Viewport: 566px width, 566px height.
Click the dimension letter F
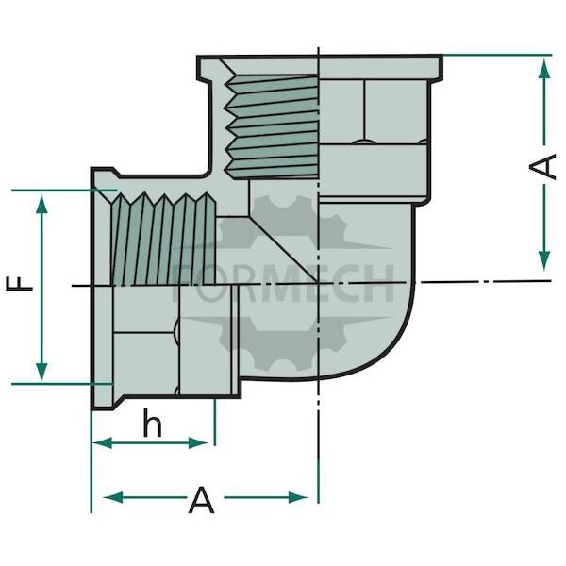[x=20, y=284]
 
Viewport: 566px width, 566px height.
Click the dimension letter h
[x=152, y=423]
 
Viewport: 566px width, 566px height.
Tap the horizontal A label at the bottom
[x=202, y=500]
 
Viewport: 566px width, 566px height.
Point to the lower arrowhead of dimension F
[x=42, y=372]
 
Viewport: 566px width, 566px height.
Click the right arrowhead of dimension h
[x=198, y=443]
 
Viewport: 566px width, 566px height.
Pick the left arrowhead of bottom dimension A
[x=113, y=497]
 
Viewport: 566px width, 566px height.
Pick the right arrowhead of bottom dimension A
[x=298, y=497]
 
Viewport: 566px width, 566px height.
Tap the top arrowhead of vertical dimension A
[x=544, y=68]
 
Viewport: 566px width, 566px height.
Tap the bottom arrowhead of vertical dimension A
[x=544, y=260]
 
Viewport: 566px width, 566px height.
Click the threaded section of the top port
[x=272, y=126]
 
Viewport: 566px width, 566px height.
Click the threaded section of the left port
[x=163, y=239]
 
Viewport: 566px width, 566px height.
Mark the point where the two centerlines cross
[x=318, y=283]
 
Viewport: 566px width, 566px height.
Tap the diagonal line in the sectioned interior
[x=283, y=249]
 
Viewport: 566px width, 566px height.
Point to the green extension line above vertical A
[x=497, y=55]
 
